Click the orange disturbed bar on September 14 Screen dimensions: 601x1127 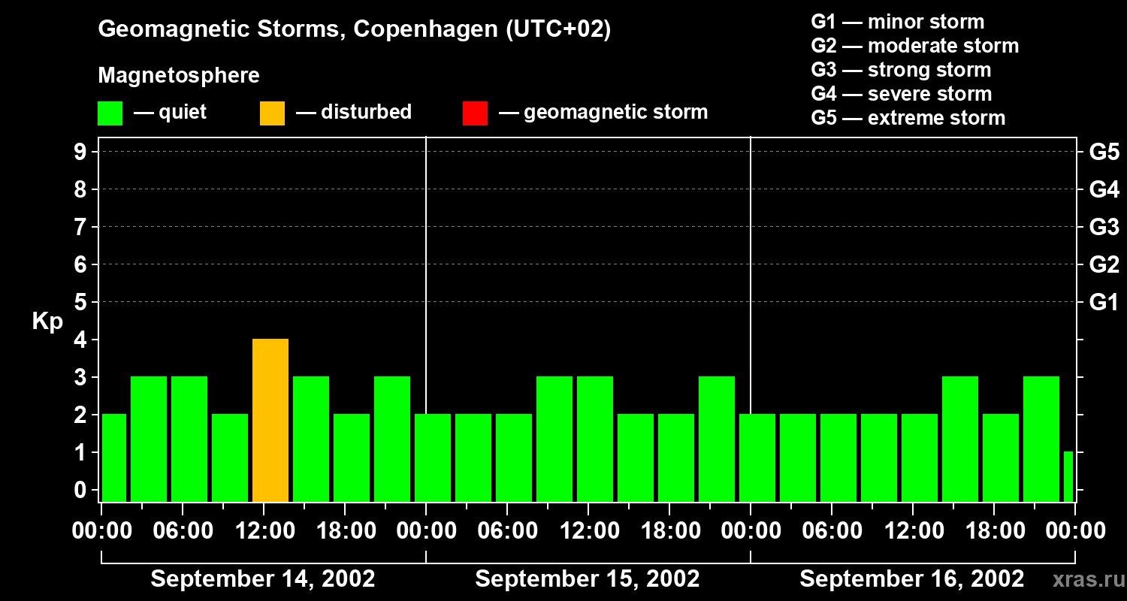[x=270, y=421]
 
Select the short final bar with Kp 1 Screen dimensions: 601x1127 [x=1068, y=477]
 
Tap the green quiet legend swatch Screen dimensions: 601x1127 [x=110, y=113]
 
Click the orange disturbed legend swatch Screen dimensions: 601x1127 [x=272, y=113]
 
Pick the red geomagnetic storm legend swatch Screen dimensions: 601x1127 [x=475, y=113]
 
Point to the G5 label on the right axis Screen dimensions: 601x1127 [x=1104, y=153]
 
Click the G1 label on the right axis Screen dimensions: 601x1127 [x=1104, y=303]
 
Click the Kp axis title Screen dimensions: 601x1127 [x=47, y=322]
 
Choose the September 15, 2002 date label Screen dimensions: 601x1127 [x=588, y=579]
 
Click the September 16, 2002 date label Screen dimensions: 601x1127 [x=911, y=579]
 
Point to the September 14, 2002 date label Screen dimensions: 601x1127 [x=263, y=579]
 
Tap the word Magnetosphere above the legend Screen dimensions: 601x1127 [x=179, y=76]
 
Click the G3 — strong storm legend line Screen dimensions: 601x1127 [x=901, y=70]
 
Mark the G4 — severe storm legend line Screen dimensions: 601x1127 [x=902, y=94]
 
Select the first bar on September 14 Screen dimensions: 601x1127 [x=114, y=458]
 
